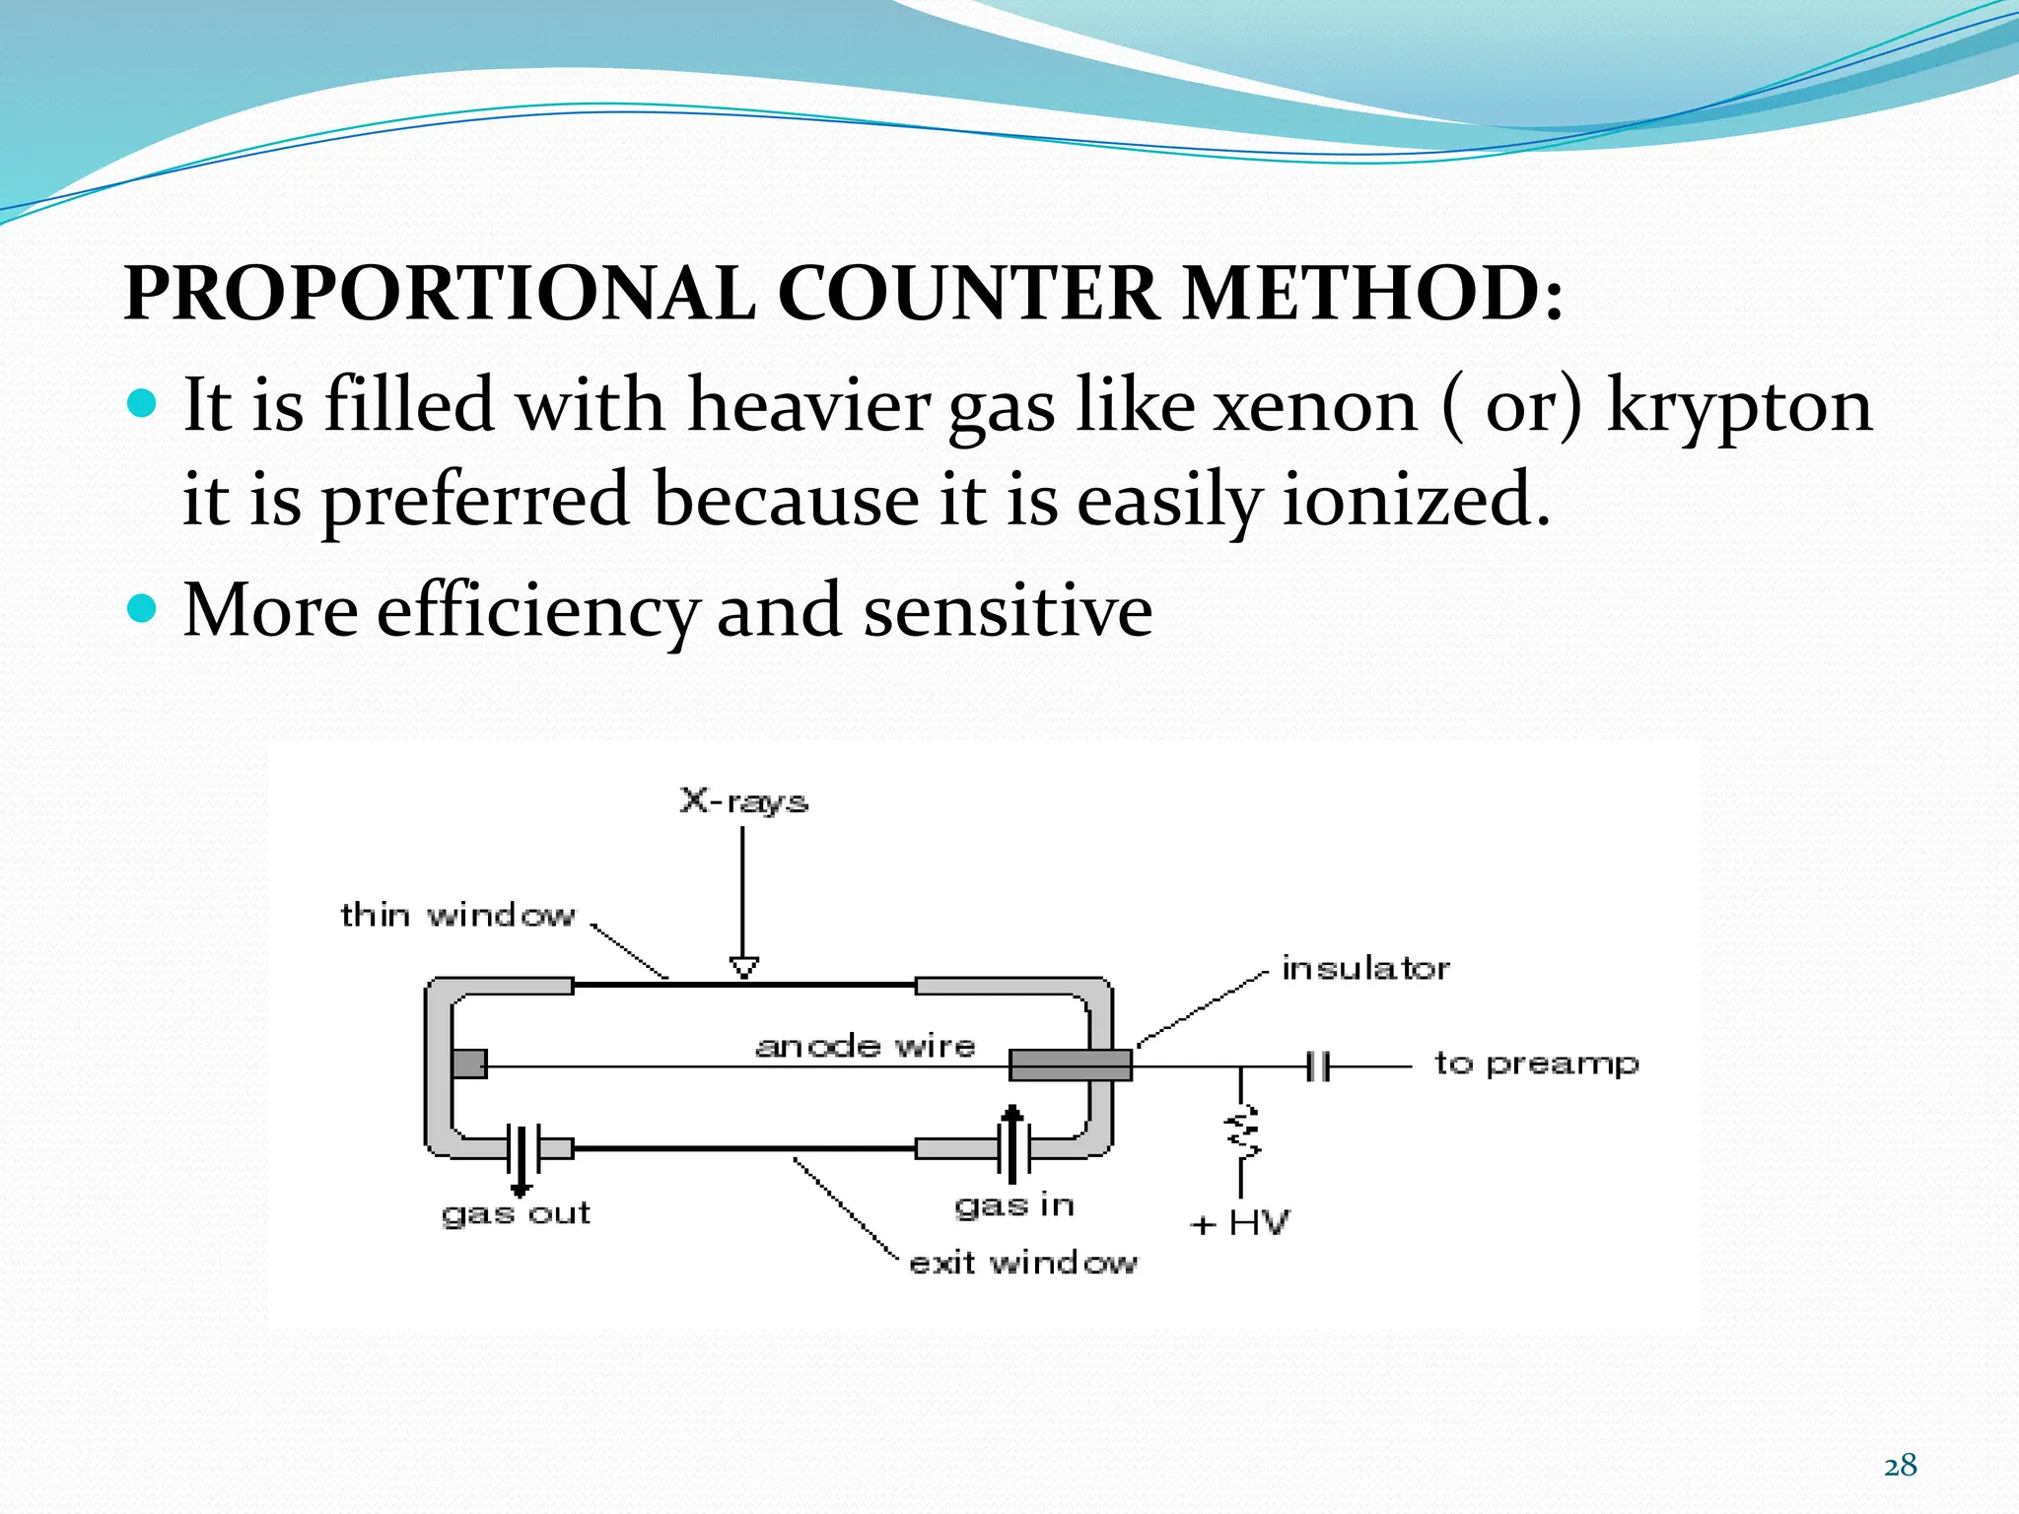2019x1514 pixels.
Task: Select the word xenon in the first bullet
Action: click(x=1315, y=405)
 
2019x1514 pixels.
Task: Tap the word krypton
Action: click(x=1739, y=407)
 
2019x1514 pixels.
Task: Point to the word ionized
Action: click(x=1416, y=499)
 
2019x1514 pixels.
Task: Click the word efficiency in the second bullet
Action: click(x=537, y=611)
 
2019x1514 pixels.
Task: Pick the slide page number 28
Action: click(x=1900, y=1466)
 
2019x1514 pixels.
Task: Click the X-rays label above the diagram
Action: click(x=744, y=800)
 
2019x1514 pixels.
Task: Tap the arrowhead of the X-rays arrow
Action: click(x=744, y=967)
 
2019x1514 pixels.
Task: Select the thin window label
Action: click(x=457, y=915)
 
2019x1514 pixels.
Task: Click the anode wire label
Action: click(x=865, y=1045)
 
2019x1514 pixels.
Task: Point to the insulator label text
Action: click(x=1365, y=968)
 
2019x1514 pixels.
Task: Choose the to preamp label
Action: click(x=1536, y=1064)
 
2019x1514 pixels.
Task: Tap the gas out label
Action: click(x=516, y=1213)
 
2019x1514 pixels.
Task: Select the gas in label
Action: click(x=1014, y=1205)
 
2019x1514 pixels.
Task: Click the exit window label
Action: click(x=1023, y=1263)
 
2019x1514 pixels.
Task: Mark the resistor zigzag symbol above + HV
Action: click(x=1241, y=1131)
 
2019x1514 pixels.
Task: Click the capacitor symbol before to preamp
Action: click(x=1318, y=1066)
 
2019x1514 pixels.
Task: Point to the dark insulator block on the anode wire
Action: click(x=1071, y=1065)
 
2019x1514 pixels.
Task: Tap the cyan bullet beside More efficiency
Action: click(x=143, y=608)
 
